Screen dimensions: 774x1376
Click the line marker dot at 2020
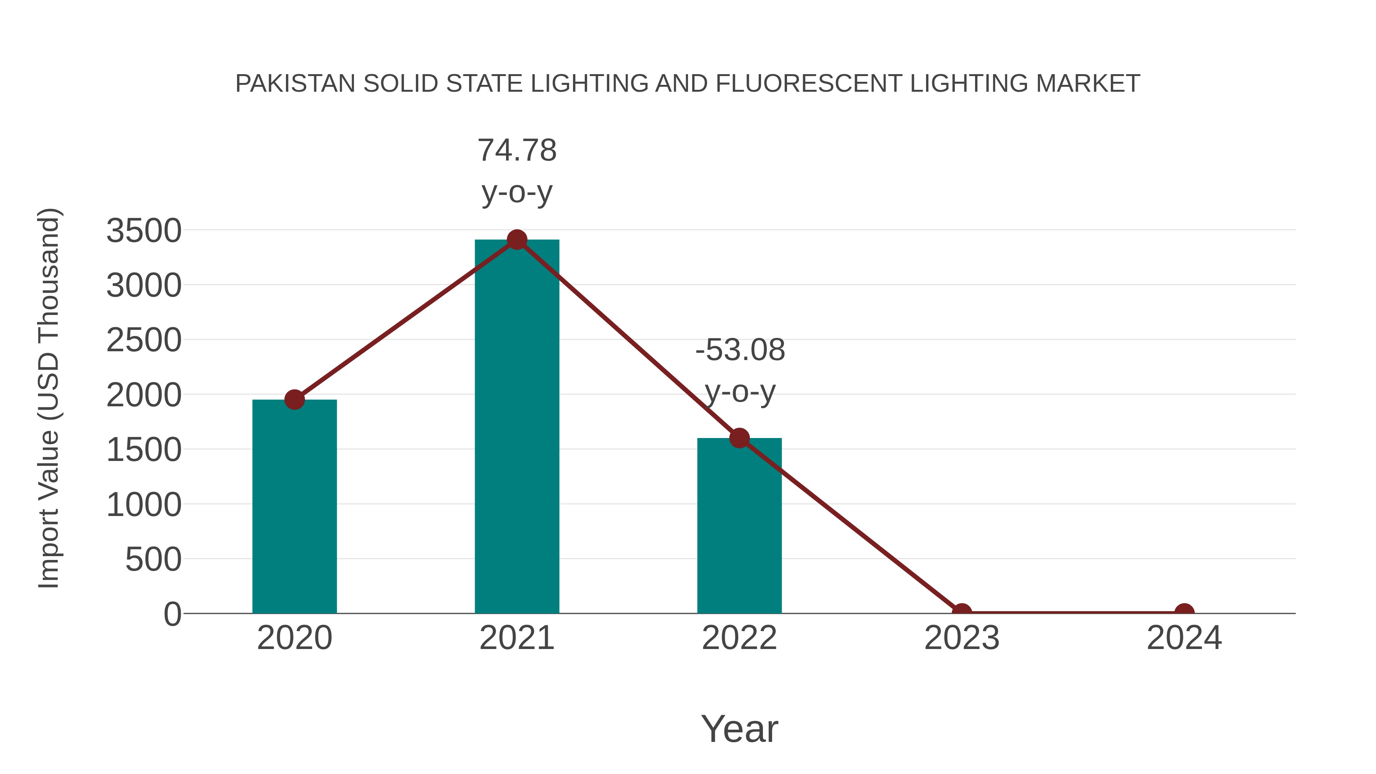point(294,399)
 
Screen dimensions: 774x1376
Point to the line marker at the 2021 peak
point(516,240)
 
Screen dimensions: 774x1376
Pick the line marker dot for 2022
point(739,438)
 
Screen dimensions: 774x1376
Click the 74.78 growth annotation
point(516,150)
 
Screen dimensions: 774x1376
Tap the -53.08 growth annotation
point(740,350)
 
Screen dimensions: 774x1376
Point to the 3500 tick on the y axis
point(144,231)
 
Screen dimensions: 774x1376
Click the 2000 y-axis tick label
point(144,396)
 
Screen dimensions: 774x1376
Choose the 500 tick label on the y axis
point(153,560)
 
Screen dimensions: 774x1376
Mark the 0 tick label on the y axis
point(172,614)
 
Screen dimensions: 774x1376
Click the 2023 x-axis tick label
point(962,638)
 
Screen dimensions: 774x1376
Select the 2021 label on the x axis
point(516,638)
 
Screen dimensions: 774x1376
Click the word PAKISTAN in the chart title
point(295,84)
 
